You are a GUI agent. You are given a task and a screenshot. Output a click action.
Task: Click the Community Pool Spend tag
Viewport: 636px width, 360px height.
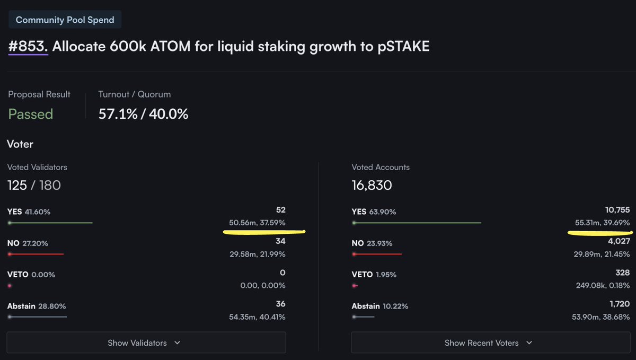click(65, 20)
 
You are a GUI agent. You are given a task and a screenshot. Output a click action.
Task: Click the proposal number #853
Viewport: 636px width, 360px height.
click(28, 47)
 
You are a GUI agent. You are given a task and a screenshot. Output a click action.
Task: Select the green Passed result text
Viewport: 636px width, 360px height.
click(30, 114)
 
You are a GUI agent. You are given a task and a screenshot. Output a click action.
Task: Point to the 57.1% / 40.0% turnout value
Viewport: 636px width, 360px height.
click(143, 114)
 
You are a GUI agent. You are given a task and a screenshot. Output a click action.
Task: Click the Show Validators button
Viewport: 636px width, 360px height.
click(146, 343)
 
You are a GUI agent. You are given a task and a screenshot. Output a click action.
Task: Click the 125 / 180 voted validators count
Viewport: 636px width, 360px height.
click(34, 186)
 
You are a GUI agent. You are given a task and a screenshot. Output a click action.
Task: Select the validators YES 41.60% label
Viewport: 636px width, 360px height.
click(29, 212)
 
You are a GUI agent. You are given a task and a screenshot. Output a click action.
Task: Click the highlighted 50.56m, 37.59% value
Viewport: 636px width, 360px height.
click(257, 223)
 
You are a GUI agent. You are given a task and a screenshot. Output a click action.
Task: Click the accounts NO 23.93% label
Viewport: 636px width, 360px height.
click(371, 243)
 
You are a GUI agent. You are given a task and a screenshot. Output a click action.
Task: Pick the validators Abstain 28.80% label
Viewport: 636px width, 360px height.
click(37, 306)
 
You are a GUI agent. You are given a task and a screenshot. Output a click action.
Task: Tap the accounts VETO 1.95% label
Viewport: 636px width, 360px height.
click(374, 275)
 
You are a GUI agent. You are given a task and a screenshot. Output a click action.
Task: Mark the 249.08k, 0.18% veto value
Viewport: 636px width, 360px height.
click(603, 285)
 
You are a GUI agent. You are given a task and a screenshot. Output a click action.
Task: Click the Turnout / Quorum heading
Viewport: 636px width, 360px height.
click(135, 94)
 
